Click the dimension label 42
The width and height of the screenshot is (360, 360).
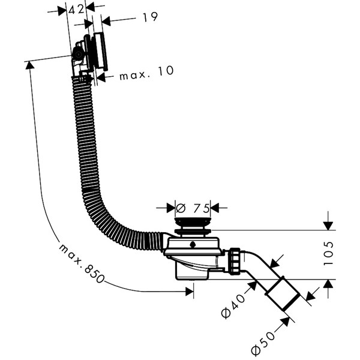[x=76, y=10]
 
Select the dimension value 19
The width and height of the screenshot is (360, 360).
[x=149, y=17]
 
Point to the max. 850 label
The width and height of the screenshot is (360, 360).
[x=80, y=264]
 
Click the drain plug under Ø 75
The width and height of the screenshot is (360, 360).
[x=192, y=226]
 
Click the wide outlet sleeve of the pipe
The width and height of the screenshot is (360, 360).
[x=283, y=295]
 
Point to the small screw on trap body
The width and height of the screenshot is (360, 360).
[x=191, y=245]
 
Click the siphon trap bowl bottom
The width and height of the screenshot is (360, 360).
[x=192, y=273]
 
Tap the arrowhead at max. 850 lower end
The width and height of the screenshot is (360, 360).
[x=191, y=291]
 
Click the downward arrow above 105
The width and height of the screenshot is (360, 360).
[x=328, y=226]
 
